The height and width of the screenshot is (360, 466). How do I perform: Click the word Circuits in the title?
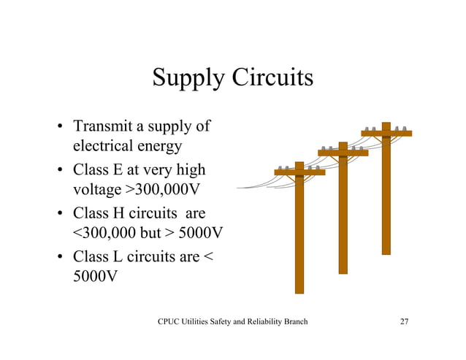272,77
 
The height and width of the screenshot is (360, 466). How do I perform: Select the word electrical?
102,146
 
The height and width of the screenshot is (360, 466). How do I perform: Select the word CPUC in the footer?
171,322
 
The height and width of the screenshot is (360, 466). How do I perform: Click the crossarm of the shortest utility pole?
299,172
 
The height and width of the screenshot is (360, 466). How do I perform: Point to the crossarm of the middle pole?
343,153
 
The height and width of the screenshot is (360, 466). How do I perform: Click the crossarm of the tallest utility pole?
386,134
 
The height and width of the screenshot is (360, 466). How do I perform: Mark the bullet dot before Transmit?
62,128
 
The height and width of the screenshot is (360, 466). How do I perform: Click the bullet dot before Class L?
62,258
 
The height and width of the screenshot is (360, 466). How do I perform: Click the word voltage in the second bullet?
96,191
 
